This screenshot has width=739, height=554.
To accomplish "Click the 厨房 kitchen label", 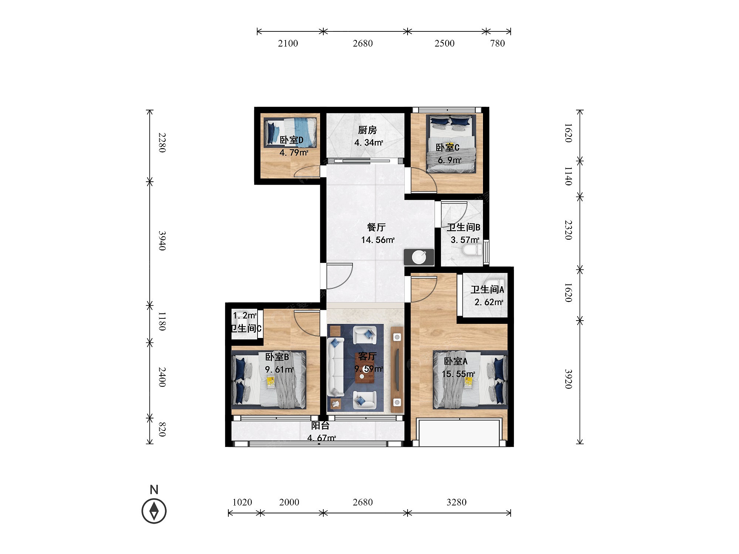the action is pos(367,130).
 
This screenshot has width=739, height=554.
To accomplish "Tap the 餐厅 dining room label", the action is pos(376,227).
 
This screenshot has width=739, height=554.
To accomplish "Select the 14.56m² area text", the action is pos(378,240).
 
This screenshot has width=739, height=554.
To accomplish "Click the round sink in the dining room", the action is pos(419,257).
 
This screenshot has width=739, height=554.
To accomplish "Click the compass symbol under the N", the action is pos(154,511).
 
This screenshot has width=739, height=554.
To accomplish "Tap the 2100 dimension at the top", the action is pos(288,44).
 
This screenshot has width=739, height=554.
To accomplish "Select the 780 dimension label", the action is pos(497,44).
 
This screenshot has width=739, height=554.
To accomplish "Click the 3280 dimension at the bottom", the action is pos(456,502).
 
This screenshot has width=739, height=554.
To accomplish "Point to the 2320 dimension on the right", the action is pos(568,230).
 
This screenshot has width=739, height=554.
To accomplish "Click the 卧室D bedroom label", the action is pos(291,140).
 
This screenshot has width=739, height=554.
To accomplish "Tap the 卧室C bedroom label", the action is pos(447,148).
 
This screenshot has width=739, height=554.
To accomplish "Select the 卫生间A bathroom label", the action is pos(487,290).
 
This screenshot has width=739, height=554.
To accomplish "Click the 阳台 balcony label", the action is pos(320,425).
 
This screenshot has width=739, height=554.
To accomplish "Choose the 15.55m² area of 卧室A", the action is pos(458,374).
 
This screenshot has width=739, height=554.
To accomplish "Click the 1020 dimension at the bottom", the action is pos(242,502).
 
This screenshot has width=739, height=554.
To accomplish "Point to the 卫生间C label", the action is pos(246,328).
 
